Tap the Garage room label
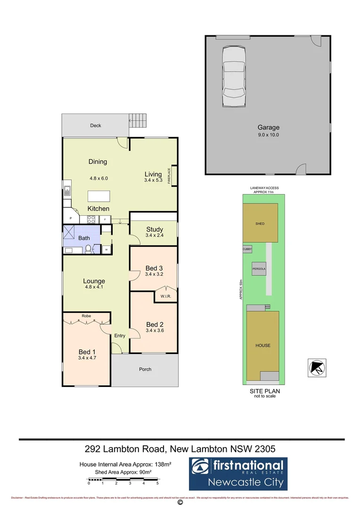(268, 127)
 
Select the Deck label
(96, 126)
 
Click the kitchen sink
(67, 191)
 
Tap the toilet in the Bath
(88, 248)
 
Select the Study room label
(154, 230)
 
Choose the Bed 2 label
(154, 324)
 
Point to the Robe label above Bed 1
(86, 316)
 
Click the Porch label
(145, 369)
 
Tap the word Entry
(120, 336)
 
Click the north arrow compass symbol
(316, 367)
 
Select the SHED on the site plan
(260, 223)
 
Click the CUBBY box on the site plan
(247, 248)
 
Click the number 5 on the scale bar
(157, 484)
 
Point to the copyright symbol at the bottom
(180, 503)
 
